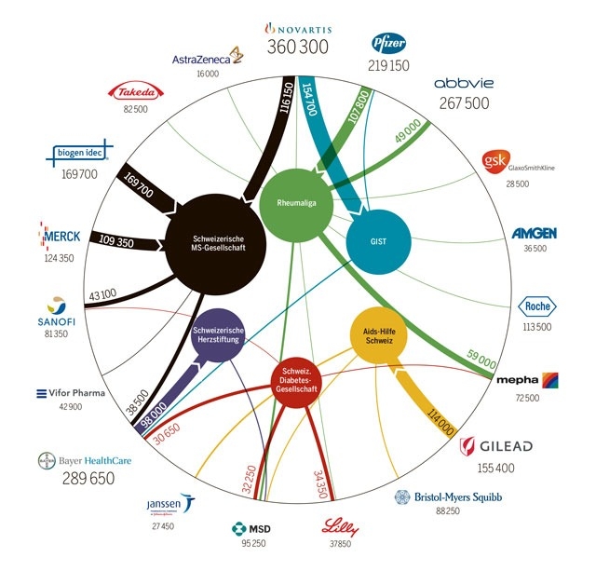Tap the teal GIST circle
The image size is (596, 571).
click(x=379, y=240)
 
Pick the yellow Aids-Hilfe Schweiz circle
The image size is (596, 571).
click(x=379, y=334)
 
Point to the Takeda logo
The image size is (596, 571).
click(x=137, y=91)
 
